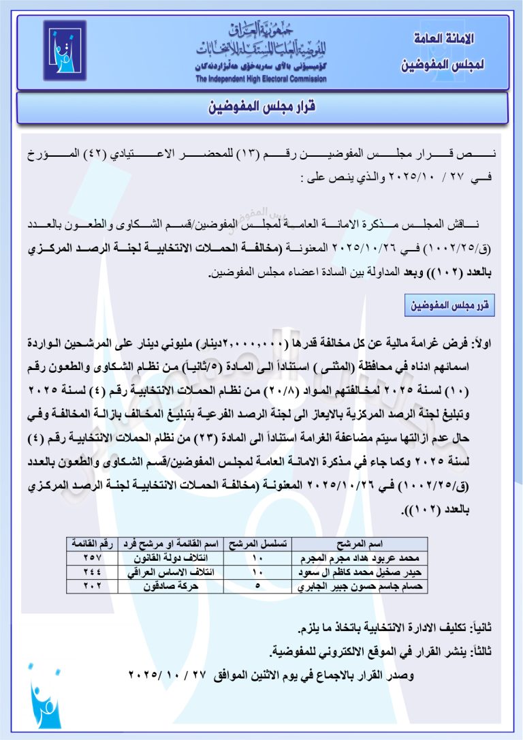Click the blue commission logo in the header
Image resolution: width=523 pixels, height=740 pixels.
coord(65,51)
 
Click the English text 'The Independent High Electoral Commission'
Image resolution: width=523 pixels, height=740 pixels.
coord(261,79)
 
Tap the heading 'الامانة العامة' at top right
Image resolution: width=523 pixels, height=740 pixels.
coord(443,40)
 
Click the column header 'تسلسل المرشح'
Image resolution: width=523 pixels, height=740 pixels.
coord(257,544)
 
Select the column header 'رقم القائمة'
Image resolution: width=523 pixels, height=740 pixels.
coord(92,544)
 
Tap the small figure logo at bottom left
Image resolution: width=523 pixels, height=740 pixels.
coord(45,702)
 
